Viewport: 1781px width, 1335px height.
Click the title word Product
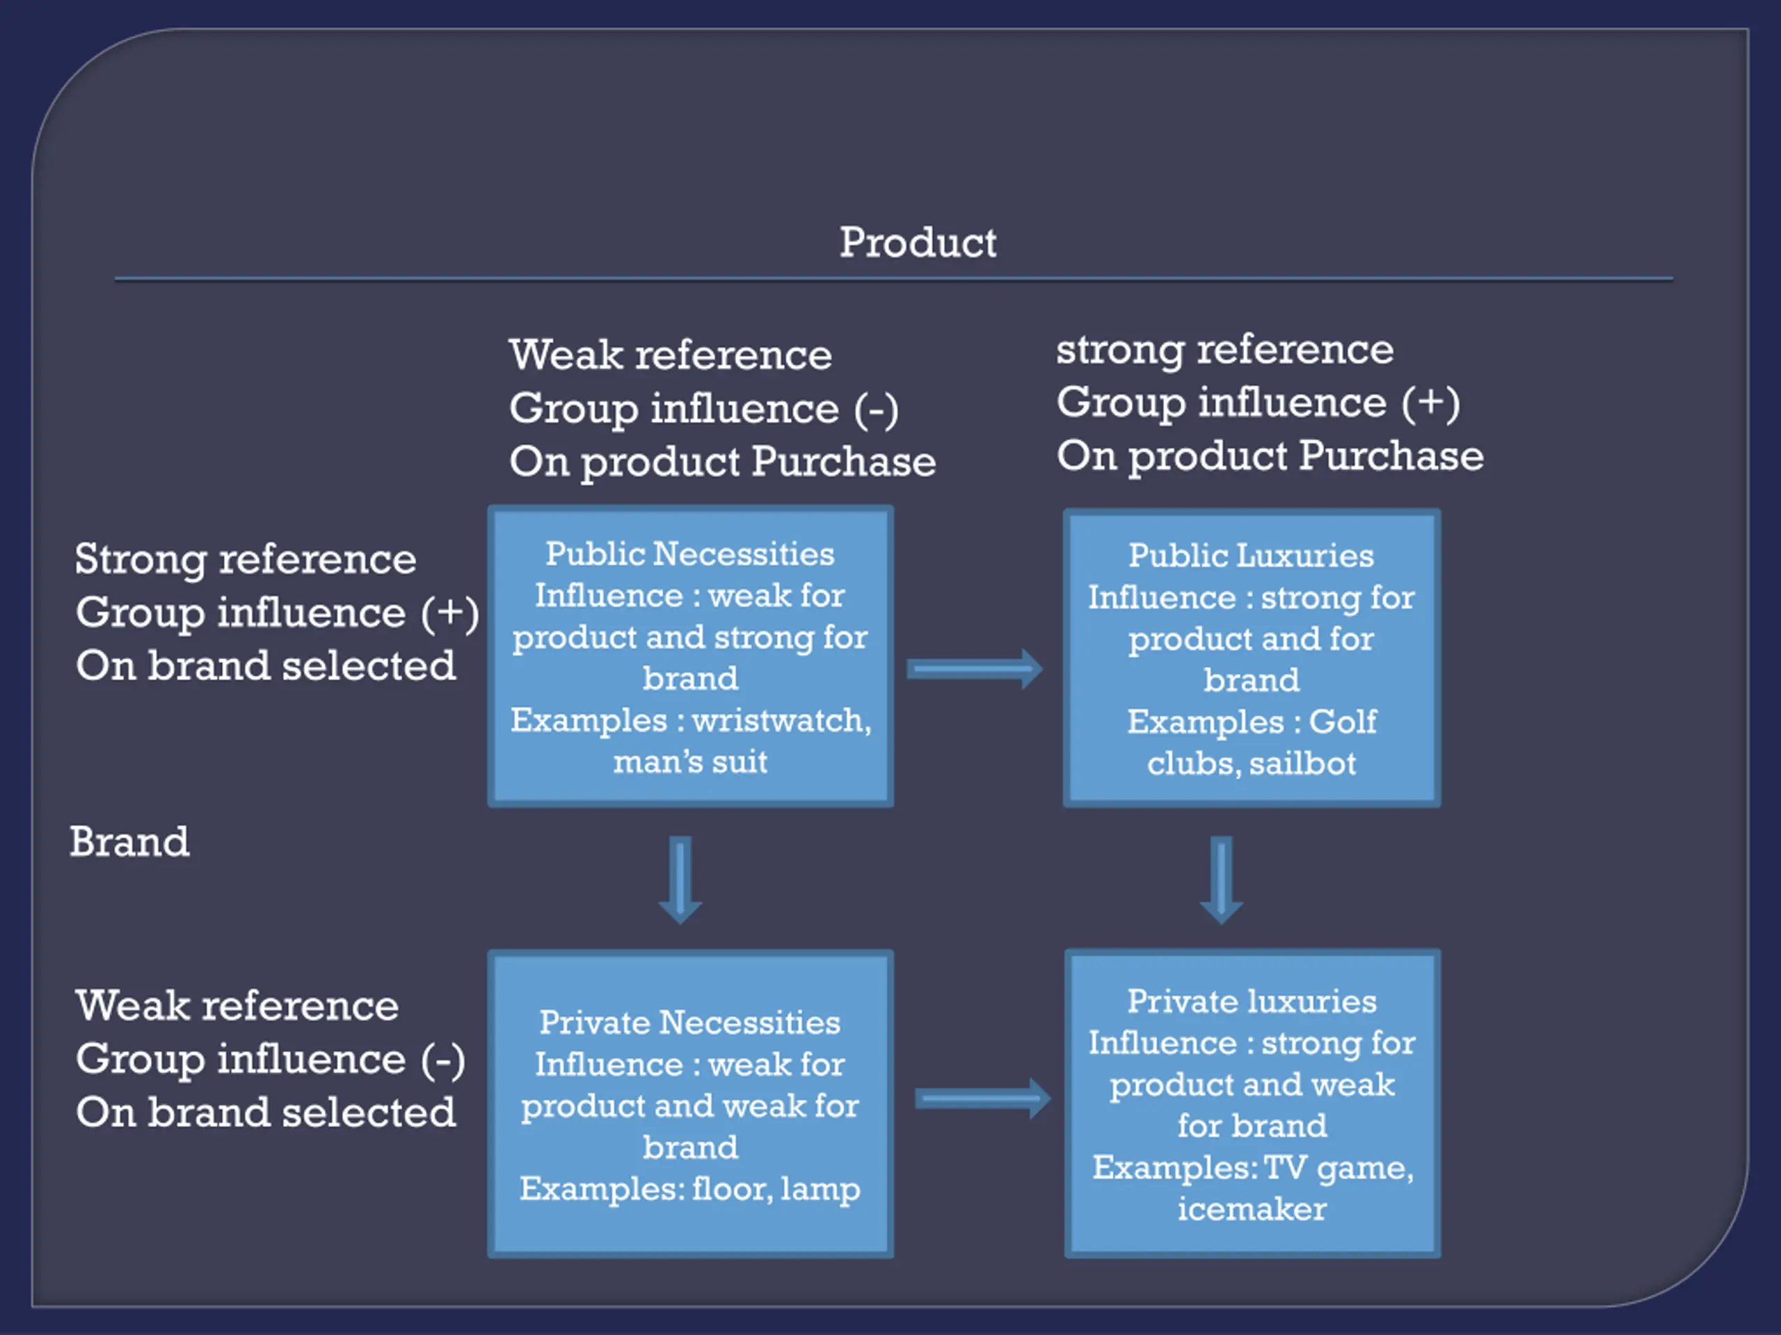click(918, 242)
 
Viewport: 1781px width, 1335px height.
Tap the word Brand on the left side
click(129, 842)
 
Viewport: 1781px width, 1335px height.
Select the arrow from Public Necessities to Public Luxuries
click(974, 669)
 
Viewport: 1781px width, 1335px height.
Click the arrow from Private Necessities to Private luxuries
click(982, 1099)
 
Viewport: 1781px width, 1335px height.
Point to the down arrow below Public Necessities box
click(680, 880)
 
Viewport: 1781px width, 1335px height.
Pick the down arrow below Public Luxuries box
click(1222, 880)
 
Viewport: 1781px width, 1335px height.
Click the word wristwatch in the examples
click(781, 720)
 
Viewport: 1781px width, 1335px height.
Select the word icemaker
click(1252, 1208)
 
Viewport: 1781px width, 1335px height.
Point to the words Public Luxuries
click(1251, 556)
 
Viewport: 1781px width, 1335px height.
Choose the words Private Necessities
click(690, 1022)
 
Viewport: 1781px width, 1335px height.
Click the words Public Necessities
click(690, 553)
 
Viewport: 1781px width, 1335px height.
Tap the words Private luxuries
click(1252, 1001)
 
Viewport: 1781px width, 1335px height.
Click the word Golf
click(1342, 721)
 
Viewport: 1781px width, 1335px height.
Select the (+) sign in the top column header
click(1431, 403)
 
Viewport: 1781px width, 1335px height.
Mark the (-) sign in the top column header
click(876, 409)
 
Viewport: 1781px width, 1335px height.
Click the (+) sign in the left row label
click(450, 613)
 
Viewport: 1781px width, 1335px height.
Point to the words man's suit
click(690, 761)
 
